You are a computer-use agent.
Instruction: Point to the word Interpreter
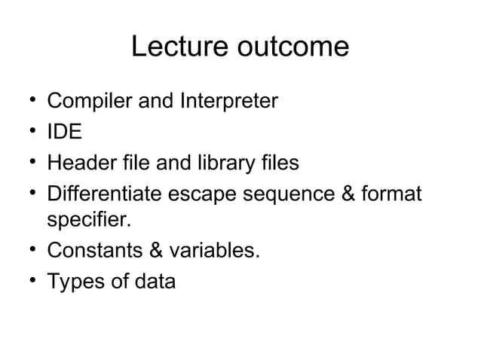click(x=230, y=100)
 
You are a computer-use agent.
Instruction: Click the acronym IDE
click(x=65, y=132)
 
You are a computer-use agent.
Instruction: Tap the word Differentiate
click(x=106, y=194)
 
